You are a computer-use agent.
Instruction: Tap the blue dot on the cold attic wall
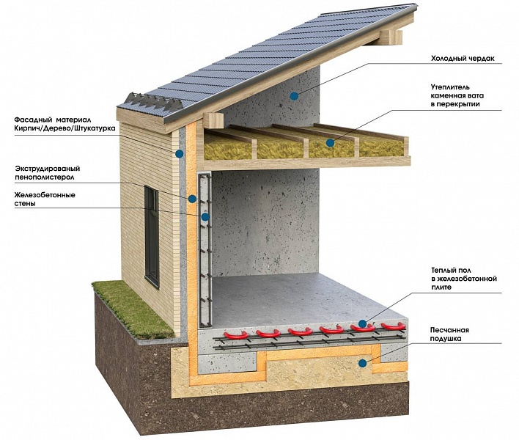click(x=294, y=96)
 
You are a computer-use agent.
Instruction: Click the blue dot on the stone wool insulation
click(x=330, y=143)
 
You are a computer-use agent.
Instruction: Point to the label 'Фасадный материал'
click(x=52, y=120)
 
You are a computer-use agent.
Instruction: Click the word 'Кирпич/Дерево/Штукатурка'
click(x=65, y=128)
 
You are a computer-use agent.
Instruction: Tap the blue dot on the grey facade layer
click(x=180, y=153)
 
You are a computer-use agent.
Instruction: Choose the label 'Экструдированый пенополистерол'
click(x=48, y=173)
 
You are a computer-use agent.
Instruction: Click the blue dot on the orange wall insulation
click(x=192, y=199)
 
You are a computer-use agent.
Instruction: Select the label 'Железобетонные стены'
click(x=45, y=199)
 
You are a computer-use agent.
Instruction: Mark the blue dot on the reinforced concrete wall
click(x=205, y=217)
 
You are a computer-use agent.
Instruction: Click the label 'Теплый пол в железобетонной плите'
click(x=464, y=279)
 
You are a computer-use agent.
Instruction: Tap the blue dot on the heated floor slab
click(x=363, y=323)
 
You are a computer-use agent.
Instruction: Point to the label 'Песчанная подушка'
click(x=449, y=334)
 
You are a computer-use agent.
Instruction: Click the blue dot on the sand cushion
click(x=363, y=363)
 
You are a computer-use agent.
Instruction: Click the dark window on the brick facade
click(x=152, y=237)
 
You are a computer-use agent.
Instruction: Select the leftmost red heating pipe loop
click(x=236, y=335)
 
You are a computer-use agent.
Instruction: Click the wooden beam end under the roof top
click(x=391, y=37)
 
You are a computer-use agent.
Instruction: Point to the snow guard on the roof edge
click(x=154, y=101)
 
